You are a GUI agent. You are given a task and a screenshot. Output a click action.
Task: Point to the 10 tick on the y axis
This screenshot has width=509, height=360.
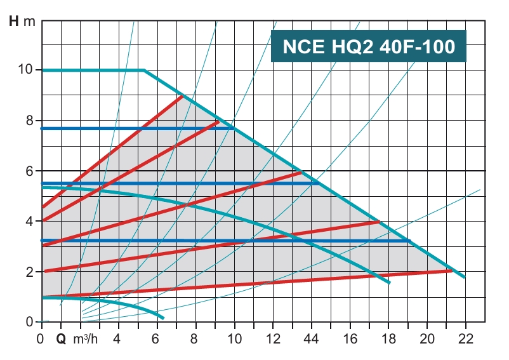[25, 70]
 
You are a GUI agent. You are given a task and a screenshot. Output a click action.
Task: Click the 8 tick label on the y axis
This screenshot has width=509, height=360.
[29, 121]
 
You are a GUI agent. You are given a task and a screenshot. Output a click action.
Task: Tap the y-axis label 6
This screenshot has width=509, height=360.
[29, 171]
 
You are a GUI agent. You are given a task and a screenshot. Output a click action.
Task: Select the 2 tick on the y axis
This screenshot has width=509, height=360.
[29, 272]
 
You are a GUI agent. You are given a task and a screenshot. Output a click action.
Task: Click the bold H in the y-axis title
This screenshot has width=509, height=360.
[13, 21]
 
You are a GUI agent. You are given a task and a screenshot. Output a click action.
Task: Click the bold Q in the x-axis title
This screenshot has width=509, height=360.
[61, 338]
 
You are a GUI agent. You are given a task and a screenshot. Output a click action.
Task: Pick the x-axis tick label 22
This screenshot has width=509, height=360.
[466, 338]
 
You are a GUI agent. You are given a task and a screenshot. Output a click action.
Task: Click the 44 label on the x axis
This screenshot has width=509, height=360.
[312, 338]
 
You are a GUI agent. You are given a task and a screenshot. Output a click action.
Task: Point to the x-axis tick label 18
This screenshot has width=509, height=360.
[388, 338]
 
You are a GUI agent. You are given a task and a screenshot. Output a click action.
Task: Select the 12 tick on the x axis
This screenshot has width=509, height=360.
[273, 338]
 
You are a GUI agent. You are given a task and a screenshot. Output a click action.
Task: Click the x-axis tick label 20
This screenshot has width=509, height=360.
[427, 338]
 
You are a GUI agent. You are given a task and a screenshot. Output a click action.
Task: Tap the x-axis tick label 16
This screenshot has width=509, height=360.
[350, 338]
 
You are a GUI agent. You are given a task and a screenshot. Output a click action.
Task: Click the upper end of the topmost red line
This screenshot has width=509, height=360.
[182, 96]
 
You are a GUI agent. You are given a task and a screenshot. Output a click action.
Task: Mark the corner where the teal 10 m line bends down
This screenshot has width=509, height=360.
[144, 70]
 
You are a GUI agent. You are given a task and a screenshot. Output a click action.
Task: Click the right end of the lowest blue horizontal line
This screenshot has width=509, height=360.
[409, 241]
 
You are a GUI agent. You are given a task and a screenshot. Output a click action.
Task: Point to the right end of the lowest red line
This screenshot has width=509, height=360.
[451, 270]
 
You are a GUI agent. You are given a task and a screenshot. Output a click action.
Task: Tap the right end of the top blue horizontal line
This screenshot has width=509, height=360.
[234, 128]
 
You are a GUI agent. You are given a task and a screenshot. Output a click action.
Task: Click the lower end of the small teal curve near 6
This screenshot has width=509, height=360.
[163, 317]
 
